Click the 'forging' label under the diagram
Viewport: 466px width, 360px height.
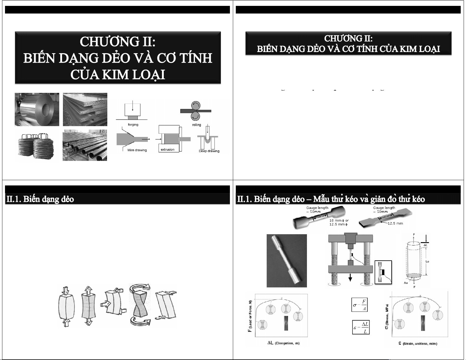tap(133, 125)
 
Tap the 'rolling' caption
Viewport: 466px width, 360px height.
tap(196, 125)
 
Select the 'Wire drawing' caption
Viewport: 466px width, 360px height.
tap(137, 150)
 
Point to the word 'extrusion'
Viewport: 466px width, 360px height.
tap(167, 150)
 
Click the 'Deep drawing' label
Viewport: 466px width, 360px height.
tap(209, 151)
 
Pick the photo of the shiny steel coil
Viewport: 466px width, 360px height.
tap(37, 109)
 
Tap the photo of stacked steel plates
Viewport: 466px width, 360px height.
tap(85, 109)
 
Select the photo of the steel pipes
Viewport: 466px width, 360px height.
tap(85, 145)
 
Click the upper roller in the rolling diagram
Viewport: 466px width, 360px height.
tap(195, 106)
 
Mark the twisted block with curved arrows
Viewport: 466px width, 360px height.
tap(140, 304)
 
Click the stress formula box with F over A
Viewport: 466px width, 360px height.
tap(360, 305)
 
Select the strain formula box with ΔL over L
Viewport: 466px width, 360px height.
tap(361, 327)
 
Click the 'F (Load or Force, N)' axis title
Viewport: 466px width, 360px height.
tap(250, 316)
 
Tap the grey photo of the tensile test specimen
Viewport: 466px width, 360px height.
tap(287, 261)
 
